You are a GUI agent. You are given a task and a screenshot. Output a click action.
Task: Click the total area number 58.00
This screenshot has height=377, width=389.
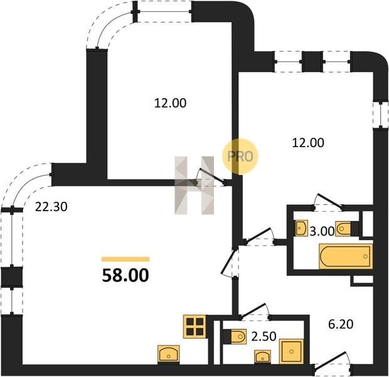(125, 275)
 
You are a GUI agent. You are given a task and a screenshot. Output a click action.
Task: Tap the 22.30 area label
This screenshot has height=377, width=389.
(51, 207)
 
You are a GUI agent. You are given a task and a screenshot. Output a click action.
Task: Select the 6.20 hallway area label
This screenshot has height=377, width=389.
(341, 324)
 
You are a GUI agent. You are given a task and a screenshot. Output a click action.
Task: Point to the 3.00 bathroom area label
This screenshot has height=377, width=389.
(322, 232)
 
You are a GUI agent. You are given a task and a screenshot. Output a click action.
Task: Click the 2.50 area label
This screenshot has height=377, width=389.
(264, 337)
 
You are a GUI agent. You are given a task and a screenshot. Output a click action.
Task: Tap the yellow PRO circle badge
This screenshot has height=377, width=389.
(240, 156)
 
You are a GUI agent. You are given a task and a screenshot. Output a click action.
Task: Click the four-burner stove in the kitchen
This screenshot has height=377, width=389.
(194, 327)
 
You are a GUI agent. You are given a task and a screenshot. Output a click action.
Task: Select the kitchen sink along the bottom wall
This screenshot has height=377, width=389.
(169, 353)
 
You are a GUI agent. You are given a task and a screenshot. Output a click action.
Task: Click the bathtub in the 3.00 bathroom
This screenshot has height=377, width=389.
(346, 256)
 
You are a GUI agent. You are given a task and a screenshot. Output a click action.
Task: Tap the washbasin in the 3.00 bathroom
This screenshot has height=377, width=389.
(302, 227)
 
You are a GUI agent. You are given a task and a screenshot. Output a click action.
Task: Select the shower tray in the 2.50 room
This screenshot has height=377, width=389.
(291, 352)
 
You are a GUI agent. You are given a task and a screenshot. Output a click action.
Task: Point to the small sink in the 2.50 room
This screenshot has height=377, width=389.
(263, 357)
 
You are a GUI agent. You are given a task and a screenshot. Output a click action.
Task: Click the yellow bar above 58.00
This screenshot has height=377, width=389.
(125, 260)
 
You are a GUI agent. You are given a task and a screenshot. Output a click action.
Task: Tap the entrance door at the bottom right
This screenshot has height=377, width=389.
(333, 363)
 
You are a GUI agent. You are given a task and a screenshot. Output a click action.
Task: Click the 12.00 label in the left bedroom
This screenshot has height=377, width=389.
(170, 103)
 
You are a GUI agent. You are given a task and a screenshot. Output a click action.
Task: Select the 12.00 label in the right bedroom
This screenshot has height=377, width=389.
(308, 143)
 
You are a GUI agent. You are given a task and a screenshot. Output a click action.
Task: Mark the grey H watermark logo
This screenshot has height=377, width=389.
(194, 185)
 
